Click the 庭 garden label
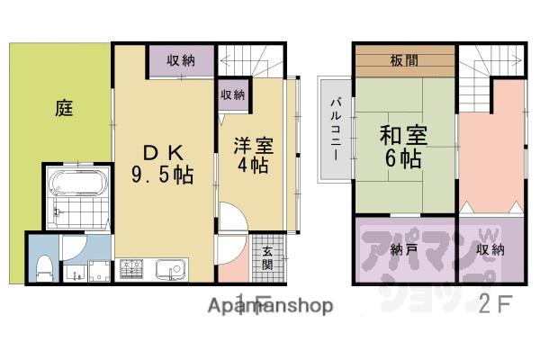click(63, 109)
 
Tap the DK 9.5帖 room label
click(165, 159)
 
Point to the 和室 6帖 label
click(402, 148)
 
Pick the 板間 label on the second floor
click(403, 62)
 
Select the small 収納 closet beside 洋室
click(233, 94)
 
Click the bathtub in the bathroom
click(76, 184)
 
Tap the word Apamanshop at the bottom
click(271, 306)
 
